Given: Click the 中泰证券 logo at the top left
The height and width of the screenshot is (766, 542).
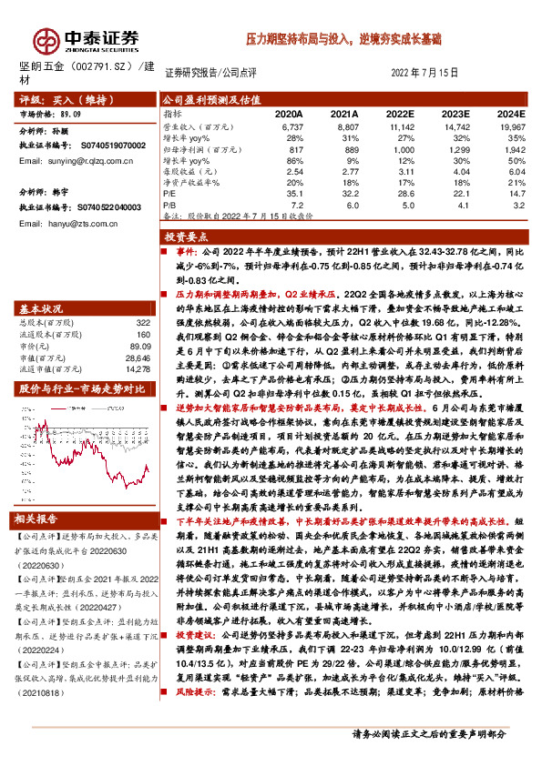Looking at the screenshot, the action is click(87, 38).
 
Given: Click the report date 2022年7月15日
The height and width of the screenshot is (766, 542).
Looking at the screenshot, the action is click(424, 73).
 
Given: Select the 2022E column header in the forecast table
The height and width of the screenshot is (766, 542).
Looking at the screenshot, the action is click(399, 114).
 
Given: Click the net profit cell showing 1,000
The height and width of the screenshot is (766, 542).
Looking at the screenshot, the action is click(400, 148).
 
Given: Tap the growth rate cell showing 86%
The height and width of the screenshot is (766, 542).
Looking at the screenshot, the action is click(293, 160).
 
